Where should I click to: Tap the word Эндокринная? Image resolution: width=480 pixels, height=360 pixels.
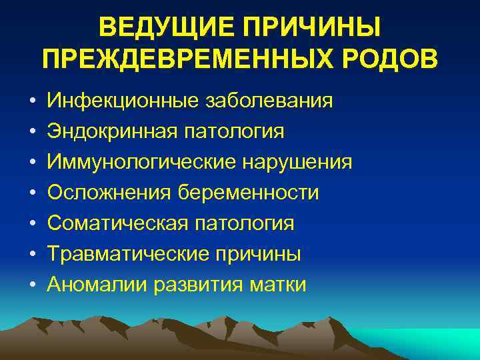coord(108,131)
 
